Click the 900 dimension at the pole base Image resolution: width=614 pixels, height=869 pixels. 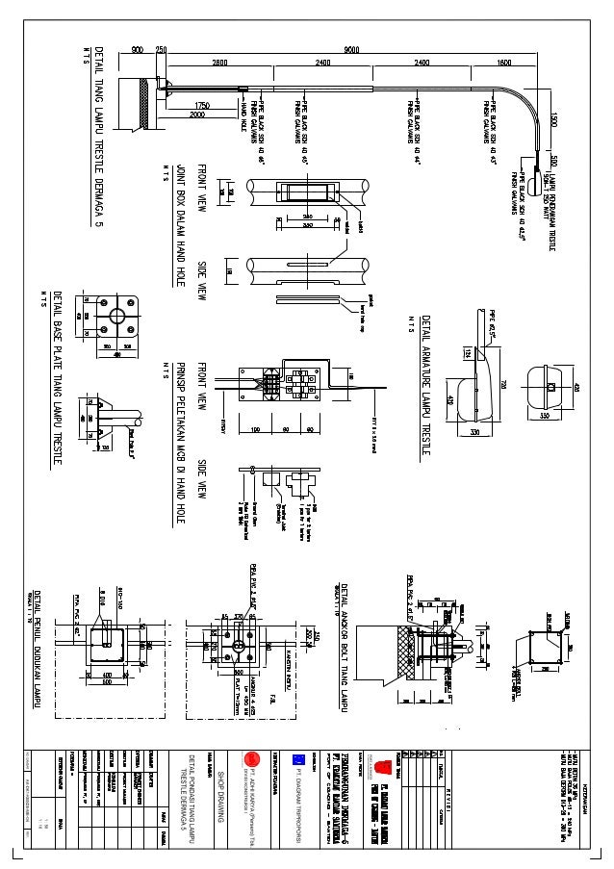pyautogui.click(x=138, y=49)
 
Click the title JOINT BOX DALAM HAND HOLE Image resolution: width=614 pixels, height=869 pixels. pyautogui.click(x=180, y=226)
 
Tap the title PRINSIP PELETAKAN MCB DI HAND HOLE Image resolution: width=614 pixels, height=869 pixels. pyautogui.click(x=180, y=444)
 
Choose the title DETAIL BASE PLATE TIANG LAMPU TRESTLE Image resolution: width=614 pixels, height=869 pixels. pyautogui.click(x=58, y=379)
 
